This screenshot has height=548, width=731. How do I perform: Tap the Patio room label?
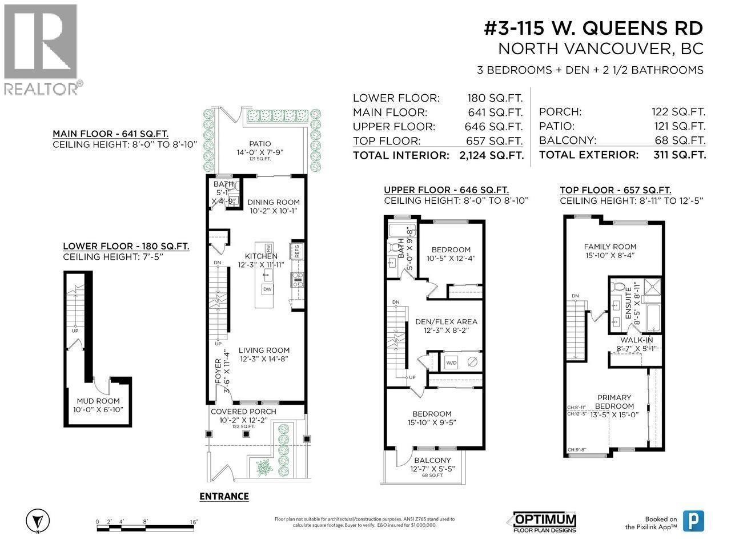(x=260, y=144)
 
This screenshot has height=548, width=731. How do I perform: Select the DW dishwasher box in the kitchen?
(x=267, y=289)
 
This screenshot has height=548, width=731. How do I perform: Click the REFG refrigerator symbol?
(x=296, y=250)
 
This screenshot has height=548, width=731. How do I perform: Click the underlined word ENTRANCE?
(x=224, y=496)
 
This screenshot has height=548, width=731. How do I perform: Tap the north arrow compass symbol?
(x=37, y=521)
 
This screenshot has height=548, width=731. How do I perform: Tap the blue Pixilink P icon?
(x=693, y=521)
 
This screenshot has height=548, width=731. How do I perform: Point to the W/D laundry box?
(x=451, y=362)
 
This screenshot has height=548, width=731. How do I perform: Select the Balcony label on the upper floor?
(x=432, y=460)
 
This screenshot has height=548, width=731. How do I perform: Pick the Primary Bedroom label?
(x=614, y=402)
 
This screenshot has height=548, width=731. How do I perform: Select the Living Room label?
(x=264, y=350)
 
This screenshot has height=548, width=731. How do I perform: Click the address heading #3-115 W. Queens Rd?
(x=593, y=28)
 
